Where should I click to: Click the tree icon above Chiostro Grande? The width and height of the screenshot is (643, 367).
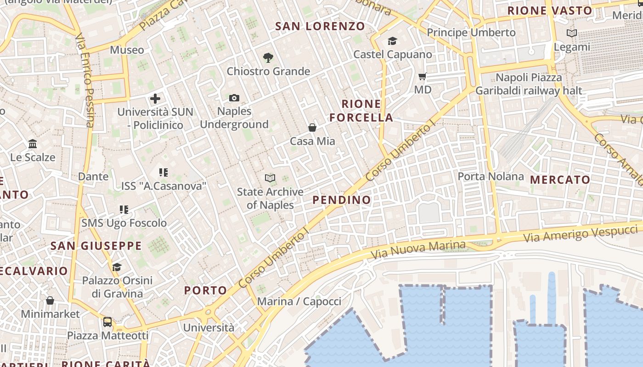[x=268, y=58]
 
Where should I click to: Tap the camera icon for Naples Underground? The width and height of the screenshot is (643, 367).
[x=234, y=98]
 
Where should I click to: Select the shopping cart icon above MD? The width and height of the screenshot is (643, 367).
[x=423, y=76]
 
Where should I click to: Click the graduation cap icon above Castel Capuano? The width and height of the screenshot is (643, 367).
[x=392, y=41]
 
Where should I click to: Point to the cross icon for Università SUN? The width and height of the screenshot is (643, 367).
[x=155, y=98]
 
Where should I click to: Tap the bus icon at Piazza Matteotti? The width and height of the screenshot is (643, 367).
[x=107, y=322]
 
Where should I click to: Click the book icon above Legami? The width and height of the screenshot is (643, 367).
[x=572, y=33]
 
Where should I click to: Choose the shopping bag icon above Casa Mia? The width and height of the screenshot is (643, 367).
[x=312, y=128]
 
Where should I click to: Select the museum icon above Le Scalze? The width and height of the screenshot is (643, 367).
[x=33, y=144]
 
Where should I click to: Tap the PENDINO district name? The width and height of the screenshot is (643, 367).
[x=342, y=200]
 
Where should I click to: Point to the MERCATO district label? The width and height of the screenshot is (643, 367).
[x=560, y=180]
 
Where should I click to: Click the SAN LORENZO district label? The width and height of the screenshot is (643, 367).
[x=320, y=26]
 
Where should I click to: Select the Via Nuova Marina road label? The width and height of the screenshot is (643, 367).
[x=418, y=249]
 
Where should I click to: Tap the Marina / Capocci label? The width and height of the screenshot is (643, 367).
[x=299, y=301]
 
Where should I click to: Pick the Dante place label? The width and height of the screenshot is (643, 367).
[x=93, y=177]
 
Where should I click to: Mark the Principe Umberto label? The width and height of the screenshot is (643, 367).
[x=471, y=33]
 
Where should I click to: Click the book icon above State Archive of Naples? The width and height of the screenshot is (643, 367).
[x=271, y=178]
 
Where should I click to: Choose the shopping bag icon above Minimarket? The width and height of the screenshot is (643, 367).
[x=50, y=301]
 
